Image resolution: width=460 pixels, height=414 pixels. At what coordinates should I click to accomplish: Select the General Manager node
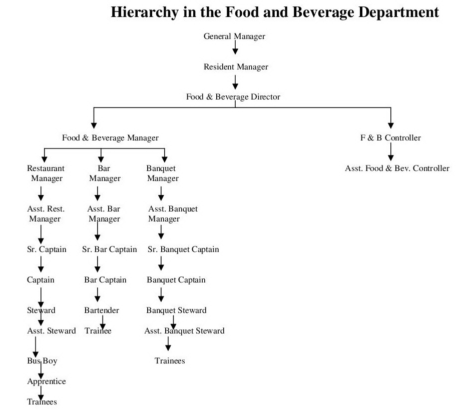[x=234, y=36]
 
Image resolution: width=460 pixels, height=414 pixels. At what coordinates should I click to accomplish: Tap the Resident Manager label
[x=236, y=66]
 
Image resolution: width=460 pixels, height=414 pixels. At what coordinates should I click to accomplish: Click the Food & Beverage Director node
[x=233, y=97]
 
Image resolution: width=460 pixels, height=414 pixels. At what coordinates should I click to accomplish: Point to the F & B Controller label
[x=390, y=137]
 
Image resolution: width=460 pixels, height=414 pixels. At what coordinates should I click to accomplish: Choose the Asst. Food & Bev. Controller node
[x=397, y=168]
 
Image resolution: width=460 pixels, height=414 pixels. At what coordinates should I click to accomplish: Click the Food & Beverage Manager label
[x=110, y=137]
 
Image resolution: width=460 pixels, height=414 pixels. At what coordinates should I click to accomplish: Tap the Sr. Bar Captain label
[x=110, y=249]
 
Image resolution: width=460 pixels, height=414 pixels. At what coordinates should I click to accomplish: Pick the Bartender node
[x=102, y=310]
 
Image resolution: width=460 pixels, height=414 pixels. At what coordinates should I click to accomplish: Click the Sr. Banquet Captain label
[x=183, y=249]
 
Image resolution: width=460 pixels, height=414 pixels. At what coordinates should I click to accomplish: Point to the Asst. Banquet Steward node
[x=184, y=330]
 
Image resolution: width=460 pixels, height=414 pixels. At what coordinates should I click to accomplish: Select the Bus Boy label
[x=39, y=360]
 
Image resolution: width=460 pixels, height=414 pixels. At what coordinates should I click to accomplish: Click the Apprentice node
[x=46, y=381]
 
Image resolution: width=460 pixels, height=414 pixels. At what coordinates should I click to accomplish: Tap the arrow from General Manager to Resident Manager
[x=235, y=48]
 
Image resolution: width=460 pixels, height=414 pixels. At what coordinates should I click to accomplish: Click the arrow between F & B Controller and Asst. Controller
[x=391, y=150]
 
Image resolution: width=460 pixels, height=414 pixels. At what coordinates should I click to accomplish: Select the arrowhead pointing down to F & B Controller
[x=391, y=125]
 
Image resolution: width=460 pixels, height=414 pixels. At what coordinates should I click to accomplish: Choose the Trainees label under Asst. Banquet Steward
[x=170, y=360]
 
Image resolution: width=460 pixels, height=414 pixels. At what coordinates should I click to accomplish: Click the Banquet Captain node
[x=176, y=279]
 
